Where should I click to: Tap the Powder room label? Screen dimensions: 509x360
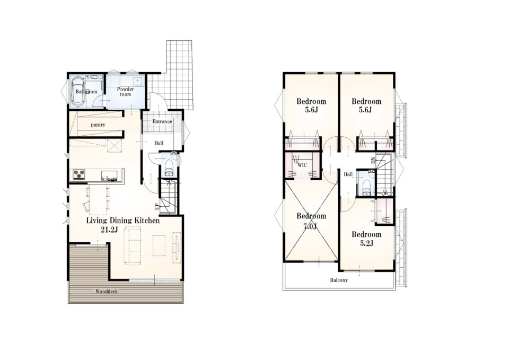click(x=125, y=92)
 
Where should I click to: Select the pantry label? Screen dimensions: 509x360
click(x=98, y=125)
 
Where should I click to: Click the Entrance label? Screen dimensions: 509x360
click(x=162, y=121)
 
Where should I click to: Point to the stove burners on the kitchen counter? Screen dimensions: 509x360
click(x=78, y=174)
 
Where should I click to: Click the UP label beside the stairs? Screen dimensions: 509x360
click(x=156, y=206)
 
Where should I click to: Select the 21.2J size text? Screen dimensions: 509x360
click(x=109, y=230)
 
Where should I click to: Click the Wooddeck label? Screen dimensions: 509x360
click(x=107, y=292)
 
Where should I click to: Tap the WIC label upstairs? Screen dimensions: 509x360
click(x=302, y=165)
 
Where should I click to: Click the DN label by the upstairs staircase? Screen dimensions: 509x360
click(x=373, y=160)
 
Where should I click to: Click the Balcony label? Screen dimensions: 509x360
click(x=339, y=280)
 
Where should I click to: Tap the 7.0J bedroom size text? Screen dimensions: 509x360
click(x=310, y=226)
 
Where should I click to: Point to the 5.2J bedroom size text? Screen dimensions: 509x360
click(x=366, y=243)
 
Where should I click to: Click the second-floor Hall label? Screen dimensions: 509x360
click(x=348, y=174)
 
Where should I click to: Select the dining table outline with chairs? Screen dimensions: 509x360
click(x=98, y=199)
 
